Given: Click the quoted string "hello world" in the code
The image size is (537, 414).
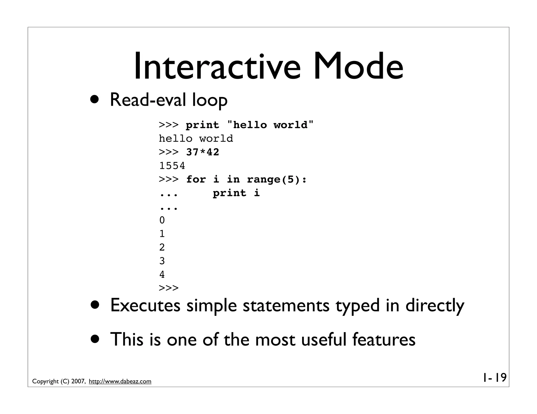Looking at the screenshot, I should point(270,125).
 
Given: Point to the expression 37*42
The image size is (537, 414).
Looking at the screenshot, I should point(202,152).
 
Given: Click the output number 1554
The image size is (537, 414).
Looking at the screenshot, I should point(172,166).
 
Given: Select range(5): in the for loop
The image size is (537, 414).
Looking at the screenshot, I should point(277,180).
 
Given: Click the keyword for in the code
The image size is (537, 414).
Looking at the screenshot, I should point(196,180).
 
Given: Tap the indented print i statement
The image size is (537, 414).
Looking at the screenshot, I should point(236,193).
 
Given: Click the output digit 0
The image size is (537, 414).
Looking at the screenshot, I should point(162,220).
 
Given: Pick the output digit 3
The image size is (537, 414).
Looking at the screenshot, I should point(162,261).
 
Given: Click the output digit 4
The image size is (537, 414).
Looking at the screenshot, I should point(162,275).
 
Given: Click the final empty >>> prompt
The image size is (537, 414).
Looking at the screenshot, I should point(169,288).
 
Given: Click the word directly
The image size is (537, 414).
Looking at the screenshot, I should point(435,306).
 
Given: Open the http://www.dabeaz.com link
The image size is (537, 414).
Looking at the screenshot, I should point(120,382).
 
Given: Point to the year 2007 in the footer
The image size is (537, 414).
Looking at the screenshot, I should point(78,382).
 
